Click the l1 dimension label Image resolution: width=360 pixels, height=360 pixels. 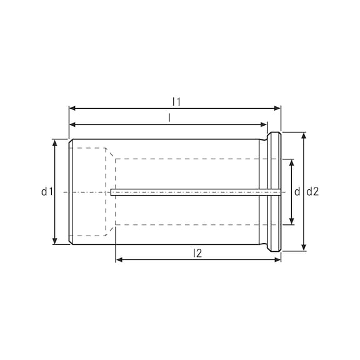(x=176, y=101)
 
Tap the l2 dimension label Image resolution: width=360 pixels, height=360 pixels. (x=197, y=253)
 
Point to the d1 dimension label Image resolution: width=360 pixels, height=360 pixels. (x=46, y=192)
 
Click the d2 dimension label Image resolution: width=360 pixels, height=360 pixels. (x=313, y=192)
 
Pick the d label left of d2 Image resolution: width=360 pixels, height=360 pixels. (x=297, y=192)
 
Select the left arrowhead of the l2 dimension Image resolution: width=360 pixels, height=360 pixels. (x=119, y=259)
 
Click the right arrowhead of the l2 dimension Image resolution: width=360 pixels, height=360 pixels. (x=278, y=259)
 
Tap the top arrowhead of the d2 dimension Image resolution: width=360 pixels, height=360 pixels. (x=304, y=135)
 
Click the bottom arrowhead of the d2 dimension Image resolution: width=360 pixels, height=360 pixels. (x=304, y=248)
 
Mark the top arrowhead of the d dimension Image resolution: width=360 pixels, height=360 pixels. (x=291, y=162)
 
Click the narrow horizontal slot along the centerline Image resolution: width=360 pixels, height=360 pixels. (x=187, y=192)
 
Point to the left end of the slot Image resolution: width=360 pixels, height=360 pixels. (x=112, y=192)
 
